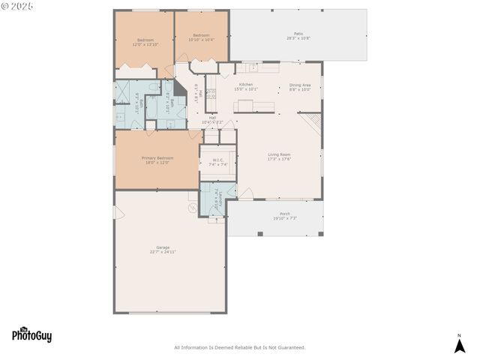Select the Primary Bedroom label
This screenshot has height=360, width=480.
click(x=157, y=158)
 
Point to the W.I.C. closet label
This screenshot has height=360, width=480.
click(x=218, y=159)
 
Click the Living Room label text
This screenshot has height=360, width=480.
click(x=279, y=154)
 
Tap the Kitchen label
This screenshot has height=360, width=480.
click(x=245, y=85)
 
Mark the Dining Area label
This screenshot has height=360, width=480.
click(x=300, y=85)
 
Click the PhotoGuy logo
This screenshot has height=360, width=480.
click(x=31, y=335)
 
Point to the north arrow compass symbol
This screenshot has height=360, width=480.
click(x=460, y=344)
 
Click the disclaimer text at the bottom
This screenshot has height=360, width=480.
click(x=240, y=347)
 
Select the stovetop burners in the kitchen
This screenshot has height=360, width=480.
click(x=211, y=94)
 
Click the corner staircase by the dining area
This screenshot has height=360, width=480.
click(x=310, y=122)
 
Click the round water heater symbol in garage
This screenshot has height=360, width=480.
click(x=191, y=208)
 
